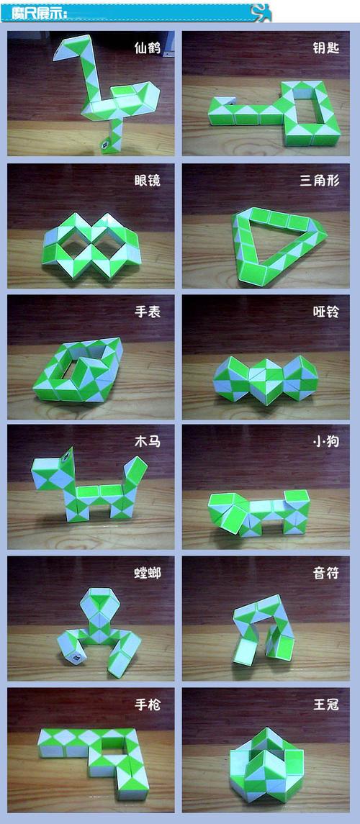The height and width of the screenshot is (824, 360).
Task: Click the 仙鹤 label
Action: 148,48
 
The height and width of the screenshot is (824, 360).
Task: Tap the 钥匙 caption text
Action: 326,48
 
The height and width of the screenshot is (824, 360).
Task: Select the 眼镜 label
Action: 148,180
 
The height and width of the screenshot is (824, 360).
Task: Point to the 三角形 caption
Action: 320,180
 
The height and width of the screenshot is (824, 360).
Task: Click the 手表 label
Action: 148,312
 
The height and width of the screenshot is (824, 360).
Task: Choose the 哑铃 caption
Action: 326,312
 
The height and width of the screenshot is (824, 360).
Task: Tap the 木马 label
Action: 148,441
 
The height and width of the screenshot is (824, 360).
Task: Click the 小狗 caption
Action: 326,441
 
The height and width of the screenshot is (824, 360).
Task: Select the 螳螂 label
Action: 148,573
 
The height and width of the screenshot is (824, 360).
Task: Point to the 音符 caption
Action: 326,573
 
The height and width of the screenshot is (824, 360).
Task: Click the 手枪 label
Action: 148,705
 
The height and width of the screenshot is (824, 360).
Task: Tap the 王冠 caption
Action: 326,705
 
